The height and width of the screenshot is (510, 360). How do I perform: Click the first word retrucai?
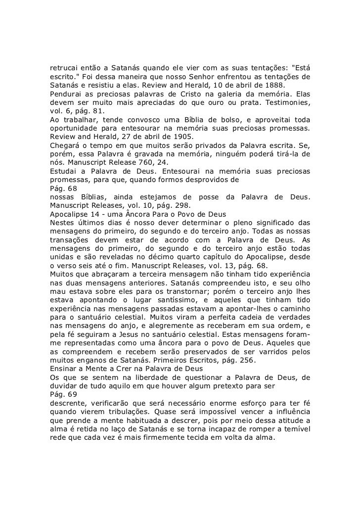(x=66, y=68)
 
